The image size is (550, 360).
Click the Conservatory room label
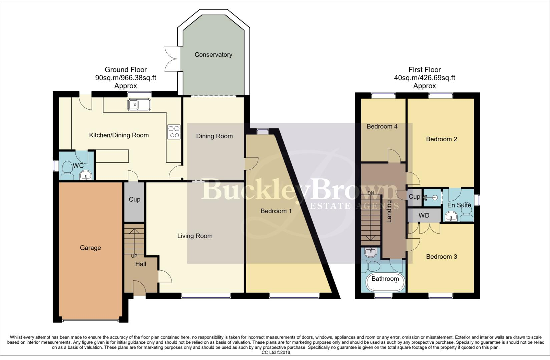pyautogui.click(x=213, y=55)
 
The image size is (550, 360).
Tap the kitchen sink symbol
pyautogui.click(x=139, y=105)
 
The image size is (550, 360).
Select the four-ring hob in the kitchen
pyautogui.click(x=174, y=132)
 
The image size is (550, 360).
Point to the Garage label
pyautogui.click(x=90, y=248)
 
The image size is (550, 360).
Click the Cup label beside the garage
pyautogui.click(x=134, y=199)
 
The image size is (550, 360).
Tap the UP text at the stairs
pyautogui.click(x=134, y=256)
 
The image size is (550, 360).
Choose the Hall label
pyautogui.click(x=141, y=264)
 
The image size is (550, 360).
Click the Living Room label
pyautogui.click(x=195, y=236)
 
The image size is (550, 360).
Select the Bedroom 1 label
pyautogui.click(x=276, y=211)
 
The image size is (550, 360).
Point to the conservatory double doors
pyautogui.click(x=172, y=59)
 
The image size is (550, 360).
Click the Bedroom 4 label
pyautogui.click(x=382, y=126)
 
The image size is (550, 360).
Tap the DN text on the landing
pyautogui.click(x=371, y=193)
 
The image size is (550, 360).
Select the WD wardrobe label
pyautogui.click(x=424, y=215)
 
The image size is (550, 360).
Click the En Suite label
pyautogui.click(x=459, y=205)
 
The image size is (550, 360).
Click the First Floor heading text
pyautogui.click(x=425, y=70)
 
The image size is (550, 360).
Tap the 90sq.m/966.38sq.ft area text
pyautogui.click(x=126, y=78)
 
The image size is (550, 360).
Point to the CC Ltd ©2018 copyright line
pyautogui.click(x=276, y=352)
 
